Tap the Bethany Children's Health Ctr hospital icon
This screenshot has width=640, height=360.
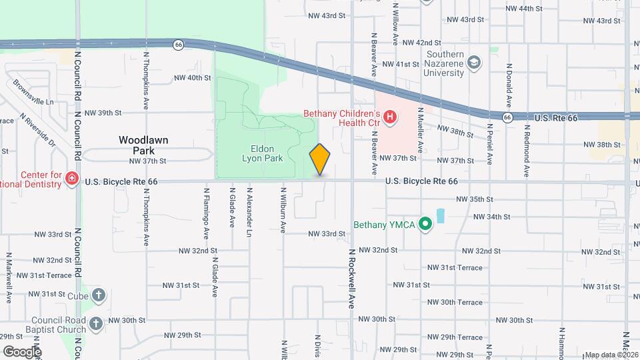coord(391,117)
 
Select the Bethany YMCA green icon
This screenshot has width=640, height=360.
coord(424,225)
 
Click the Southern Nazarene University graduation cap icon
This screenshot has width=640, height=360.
coord(474,63)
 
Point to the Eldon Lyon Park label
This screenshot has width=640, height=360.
coord(261,153)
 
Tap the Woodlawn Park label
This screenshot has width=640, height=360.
coord(143,145)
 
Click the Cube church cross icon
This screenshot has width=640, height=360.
coord(98,294)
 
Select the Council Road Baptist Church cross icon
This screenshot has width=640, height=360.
coord(96,324)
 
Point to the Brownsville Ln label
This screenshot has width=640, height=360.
coord(33,93)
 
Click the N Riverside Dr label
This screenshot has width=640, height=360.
coord(37,129)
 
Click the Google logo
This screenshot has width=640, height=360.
coord(22,351)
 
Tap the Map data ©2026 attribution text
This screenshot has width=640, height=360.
coord(611,355)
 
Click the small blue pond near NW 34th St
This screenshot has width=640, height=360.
coord(440,216)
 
